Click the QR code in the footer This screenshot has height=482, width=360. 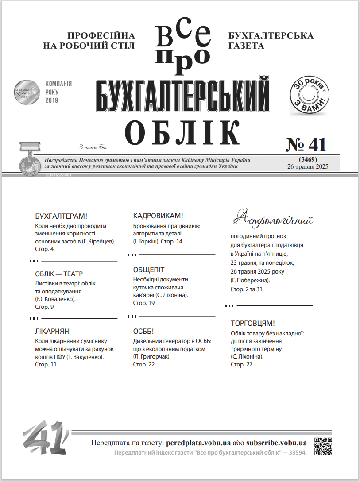tap(323, 446)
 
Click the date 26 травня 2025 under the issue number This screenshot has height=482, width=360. tap(307, 166)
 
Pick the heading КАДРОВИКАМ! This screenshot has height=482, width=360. tap(158, 216)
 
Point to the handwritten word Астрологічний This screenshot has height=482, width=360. tap(272, 218)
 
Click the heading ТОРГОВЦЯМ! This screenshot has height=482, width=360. tap(253, 324)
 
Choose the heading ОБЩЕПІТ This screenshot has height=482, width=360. tap(149, 270)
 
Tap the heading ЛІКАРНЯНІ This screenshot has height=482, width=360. tap(53, 331)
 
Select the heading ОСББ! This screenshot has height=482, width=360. tap(143, 331)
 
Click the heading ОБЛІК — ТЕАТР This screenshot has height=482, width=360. tap(59, 274)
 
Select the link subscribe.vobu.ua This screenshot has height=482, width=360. tap(276, 443)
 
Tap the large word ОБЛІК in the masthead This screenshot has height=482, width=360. tap(182, 132)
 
